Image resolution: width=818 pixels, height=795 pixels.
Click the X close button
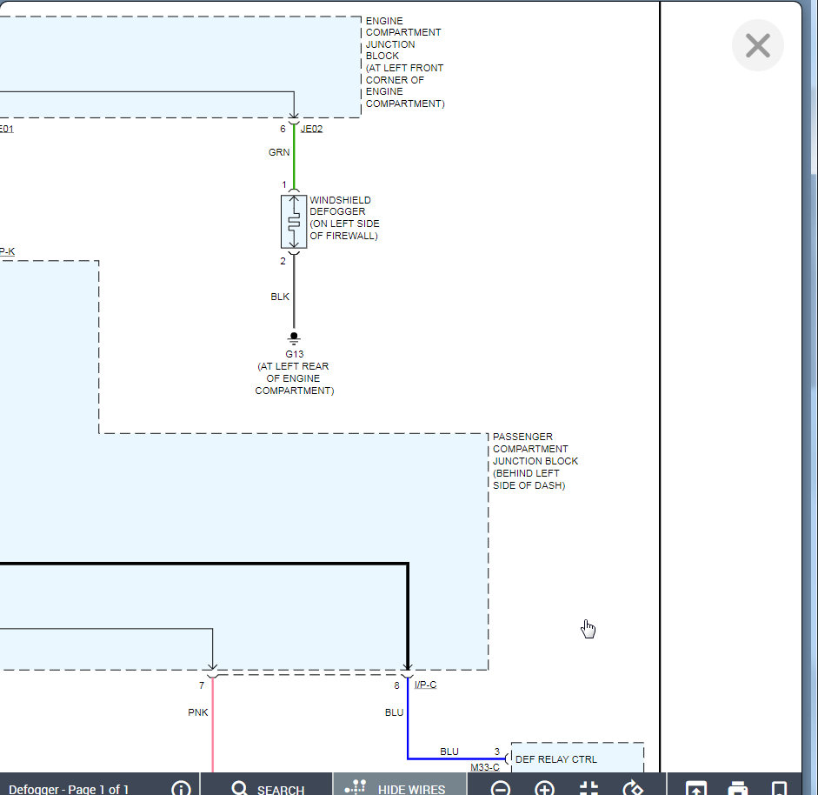(x=757, y=45)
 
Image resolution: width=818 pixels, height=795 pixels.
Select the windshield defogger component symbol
(x=294, y=222)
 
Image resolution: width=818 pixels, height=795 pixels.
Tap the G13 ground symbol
(x=294, y=337)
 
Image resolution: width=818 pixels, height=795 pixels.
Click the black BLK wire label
(x=280, y=297)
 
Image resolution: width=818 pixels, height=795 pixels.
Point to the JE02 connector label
(x=311, y=130)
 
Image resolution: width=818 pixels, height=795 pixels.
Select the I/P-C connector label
(x=425, y=685)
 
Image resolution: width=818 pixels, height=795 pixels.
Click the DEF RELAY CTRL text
(x=556, y=759)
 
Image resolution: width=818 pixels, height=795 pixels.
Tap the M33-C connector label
(x=485, y=768)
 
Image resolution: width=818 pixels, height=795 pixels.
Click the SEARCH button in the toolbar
(x=268, y=788)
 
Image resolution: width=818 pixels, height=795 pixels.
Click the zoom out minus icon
(x=501, y=788)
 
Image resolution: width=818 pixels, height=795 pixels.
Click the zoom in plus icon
(x=544, y=788)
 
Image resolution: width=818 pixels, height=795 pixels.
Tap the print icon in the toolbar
(x=737, y=788)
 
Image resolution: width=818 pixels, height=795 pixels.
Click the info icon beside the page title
(x=181, y=788)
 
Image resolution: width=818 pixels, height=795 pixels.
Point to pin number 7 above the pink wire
(x=202, y=685)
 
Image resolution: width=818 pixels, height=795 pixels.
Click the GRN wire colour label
(x=279, y=152)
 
